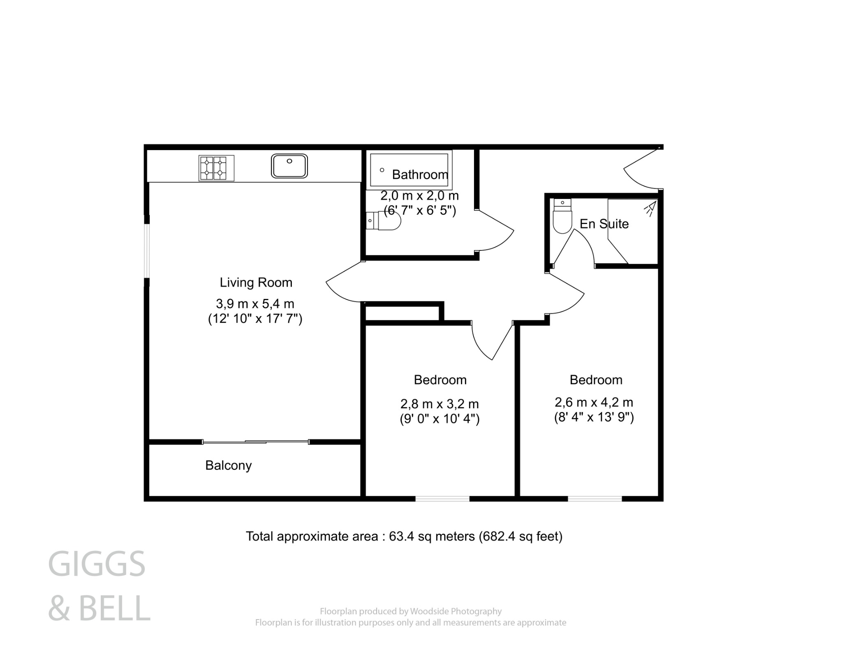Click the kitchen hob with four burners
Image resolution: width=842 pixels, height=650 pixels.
coord(216,168)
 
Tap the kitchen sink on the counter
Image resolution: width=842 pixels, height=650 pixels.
coord(289,166)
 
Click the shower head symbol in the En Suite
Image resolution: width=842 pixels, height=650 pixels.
coord(650,208)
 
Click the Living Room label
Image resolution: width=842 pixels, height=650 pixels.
coord(256,282)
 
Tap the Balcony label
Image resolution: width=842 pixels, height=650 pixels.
coord(228,465)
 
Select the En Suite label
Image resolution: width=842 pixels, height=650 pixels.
coord(604,224)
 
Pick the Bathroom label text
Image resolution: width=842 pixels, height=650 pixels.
coord(420,175)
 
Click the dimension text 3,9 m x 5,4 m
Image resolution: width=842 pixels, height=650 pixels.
coord(255,304)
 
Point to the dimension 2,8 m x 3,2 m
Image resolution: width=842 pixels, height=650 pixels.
coord(440,404)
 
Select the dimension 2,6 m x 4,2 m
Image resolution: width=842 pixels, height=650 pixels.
coord(594,402)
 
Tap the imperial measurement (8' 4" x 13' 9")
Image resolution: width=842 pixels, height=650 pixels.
coord(594,417)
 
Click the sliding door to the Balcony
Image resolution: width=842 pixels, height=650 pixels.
coord(256,442)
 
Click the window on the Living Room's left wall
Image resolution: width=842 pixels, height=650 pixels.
coord(146,250)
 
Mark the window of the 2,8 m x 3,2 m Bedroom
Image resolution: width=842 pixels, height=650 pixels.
coord(442,499)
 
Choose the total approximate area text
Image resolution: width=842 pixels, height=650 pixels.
coord(404,536)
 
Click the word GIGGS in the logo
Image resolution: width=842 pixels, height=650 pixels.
coord(97,564)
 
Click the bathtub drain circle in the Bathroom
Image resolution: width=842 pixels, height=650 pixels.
coord(382,170)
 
